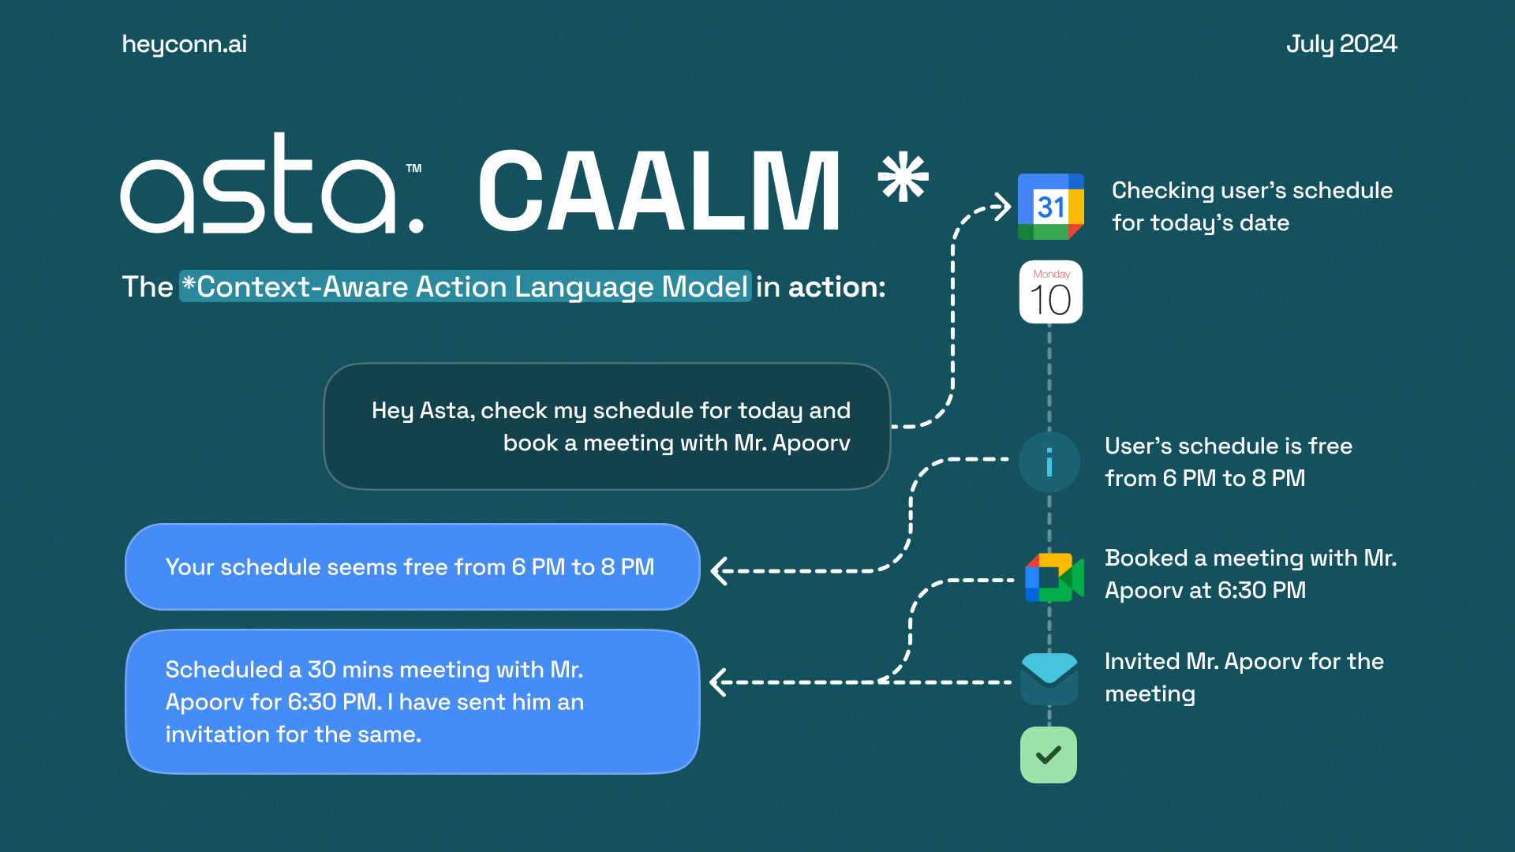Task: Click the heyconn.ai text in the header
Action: [185, 45]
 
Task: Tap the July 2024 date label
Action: [1341, 44]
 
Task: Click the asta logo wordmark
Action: [272, 183]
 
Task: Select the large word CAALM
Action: [660, 191]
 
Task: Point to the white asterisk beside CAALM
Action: [903, 177]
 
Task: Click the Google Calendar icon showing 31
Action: [1051, 207]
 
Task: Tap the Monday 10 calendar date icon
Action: [1051, 292]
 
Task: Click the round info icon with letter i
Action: [1049, 462]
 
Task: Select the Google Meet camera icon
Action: [1054, 577]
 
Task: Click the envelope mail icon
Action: [1049, 678]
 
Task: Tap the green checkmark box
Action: [1049, 755]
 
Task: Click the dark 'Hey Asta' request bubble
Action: [607, 426]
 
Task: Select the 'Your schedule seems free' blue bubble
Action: [413, 566]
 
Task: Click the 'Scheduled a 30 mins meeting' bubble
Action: [413, 701]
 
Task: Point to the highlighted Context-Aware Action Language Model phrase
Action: [466, 286]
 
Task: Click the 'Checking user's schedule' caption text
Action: [1252, 207]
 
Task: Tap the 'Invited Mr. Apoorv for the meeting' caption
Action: [1244, 678]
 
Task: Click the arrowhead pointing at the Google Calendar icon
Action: [1002, 207]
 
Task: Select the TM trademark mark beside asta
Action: [413, 168]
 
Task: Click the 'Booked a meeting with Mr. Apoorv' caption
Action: [1251, 574]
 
